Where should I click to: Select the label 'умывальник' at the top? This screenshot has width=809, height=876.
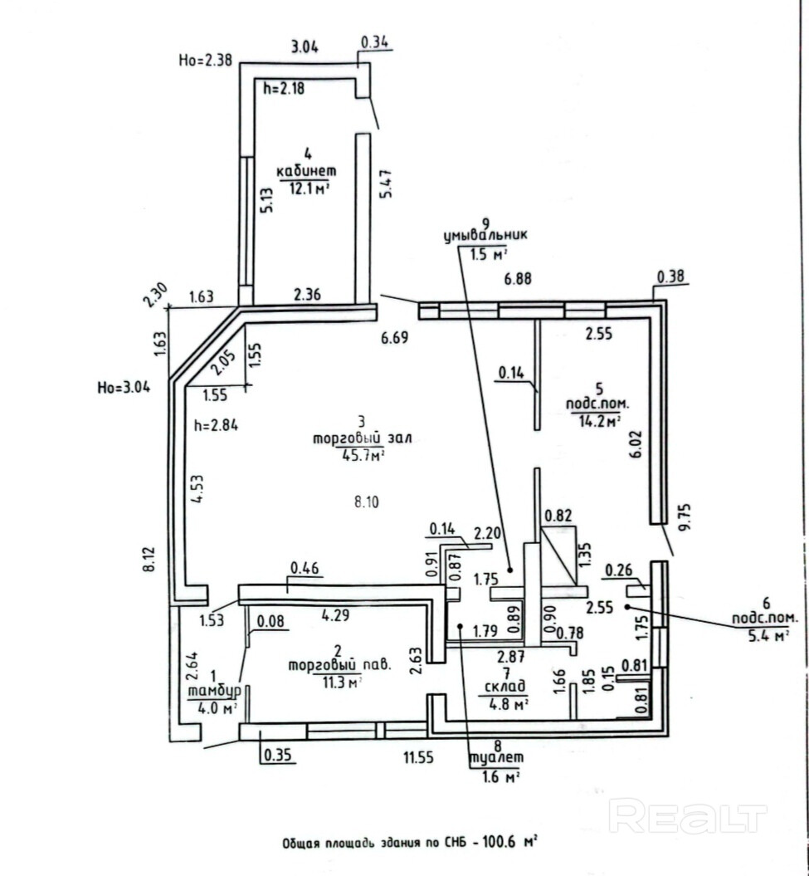(x=486, y=237)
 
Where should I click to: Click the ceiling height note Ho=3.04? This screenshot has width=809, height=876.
(x=124, y=385)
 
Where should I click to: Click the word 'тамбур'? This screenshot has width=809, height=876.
(x=213, y=691)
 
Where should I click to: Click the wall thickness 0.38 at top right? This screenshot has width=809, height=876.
(x=670, y=277)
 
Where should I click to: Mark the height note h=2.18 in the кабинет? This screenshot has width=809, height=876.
(x=284, y=88)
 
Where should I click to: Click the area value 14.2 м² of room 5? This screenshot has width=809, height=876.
(x=600, y=421)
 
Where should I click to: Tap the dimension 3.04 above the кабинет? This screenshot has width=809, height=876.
(x=302, y=47)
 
